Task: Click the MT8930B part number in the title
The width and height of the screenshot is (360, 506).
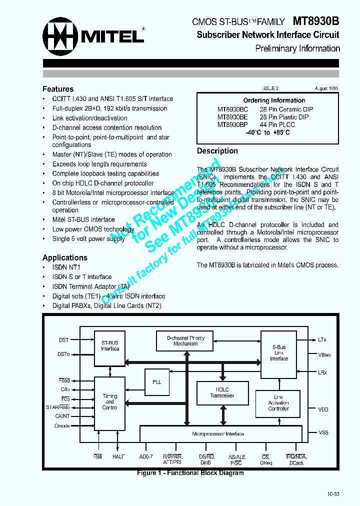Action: (x=315, y=21)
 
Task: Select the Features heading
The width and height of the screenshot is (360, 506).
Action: (x=58, y=89)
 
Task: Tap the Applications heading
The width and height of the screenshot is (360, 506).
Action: (x=65, y=257)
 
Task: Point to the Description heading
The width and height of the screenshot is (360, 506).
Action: (x=217, y=151)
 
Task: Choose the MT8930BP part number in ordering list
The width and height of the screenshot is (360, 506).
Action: (x=232, y=124)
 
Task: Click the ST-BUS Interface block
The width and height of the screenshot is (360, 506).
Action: (x=110, y=345)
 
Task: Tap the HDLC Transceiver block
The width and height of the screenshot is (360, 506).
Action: (x=222, y=392)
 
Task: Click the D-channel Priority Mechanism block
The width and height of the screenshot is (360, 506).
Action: (x=186, y=341)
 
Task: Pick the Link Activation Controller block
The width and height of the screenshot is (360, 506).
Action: (x=278, y=403)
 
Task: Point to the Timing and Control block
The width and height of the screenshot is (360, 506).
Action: (x=110, y=401)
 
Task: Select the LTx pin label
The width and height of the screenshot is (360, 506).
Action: (x=322, y=339)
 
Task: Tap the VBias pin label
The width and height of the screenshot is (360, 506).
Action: (x=324, y=355)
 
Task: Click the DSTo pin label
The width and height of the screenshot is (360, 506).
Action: (x=63, y=354)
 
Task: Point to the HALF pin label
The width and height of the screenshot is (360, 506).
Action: (x=118, y=457)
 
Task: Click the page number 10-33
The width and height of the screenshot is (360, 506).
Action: (x=333, y=494)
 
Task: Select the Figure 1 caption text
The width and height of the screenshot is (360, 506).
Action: (x=190, y=473)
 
